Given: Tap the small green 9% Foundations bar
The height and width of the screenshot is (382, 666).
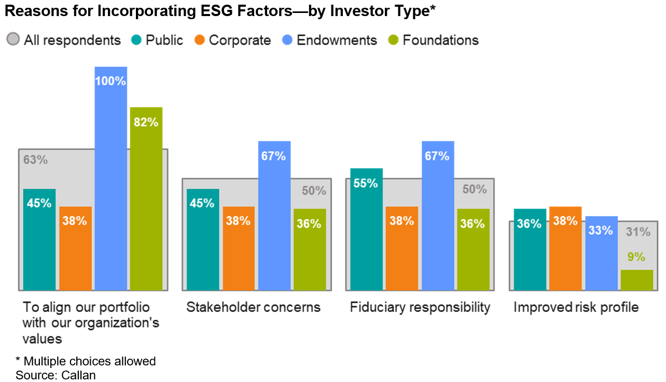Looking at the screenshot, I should (x=636, y=280).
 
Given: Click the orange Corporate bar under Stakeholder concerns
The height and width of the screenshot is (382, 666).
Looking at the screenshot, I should (x=239, y=248).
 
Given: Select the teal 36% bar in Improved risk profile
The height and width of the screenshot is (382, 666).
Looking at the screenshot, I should (x=530, y=249).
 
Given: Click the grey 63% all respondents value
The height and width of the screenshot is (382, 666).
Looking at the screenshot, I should (x=35, y=160).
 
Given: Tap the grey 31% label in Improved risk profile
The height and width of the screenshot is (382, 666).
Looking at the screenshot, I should (x=637, y=232).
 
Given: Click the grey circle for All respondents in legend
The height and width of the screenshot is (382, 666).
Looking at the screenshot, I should (x=13, y=40).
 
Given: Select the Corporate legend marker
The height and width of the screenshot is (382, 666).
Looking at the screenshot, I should (x=199, y=40).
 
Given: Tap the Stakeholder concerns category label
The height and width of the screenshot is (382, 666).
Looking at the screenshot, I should (x=253, y=307).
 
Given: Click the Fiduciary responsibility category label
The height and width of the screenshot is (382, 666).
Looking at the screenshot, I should (x=420, y=307).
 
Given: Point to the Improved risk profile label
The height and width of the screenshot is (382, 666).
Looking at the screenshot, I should (x=576, y=307).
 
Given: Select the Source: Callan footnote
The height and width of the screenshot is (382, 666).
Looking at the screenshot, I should (x=55, y=375).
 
